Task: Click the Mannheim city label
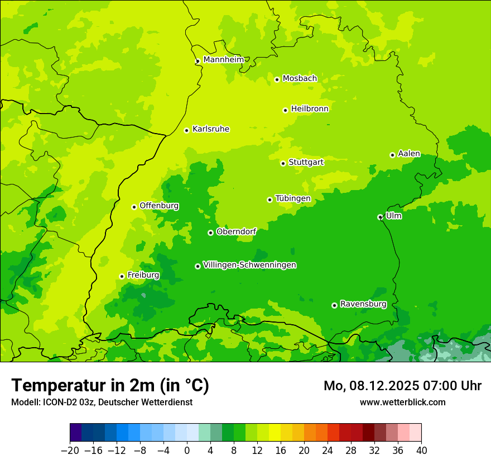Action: click(223, 59)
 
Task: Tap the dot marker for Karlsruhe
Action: click(187, 130)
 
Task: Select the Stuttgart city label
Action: click(306, 162)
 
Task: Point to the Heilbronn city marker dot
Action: click(285, 110)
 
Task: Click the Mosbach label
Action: click(300, 78)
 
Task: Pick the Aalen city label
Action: click(409, 154)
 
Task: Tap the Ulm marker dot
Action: click(380, 217)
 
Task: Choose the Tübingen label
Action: click(293, 198)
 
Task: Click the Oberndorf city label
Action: click(236, 231)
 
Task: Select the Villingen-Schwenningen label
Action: click(249, 265)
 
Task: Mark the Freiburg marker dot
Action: click(122, 276)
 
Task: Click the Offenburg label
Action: click(159, 206)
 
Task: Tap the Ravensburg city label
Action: click(363, 304)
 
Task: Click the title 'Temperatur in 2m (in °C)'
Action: click(110, 385)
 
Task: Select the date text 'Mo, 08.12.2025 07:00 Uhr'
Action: click(402, 386)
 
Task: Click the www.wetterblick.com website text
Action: click(402, 402)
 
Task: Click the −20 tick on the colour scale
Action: click(70, 451)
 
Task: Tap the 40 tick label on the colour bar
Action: click(421, 451)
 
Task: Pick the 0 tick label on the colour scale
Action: click(187, 451)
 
